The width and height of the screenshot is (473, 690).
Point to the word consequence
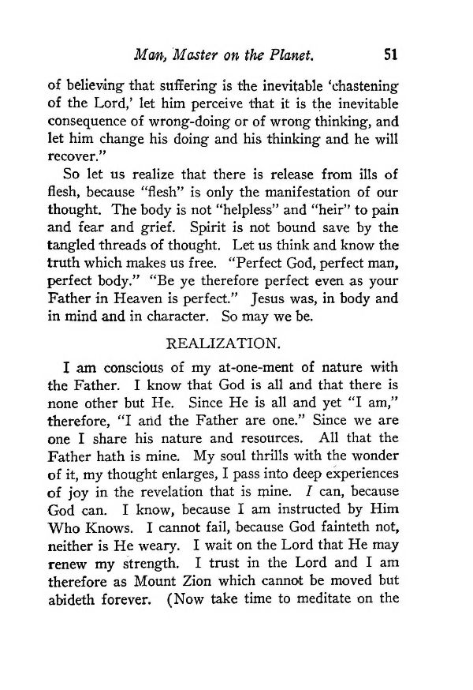click(x=93, y=122)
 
